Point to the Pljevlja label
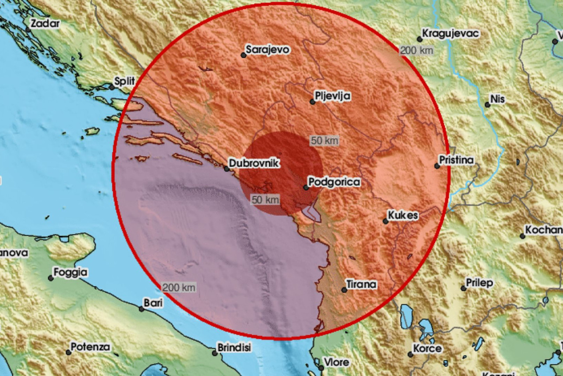pyautogui.click(x=333, y=96)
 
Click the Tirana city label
pyautogui.click(x=362, y=284)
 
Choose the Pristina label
pyautogui.click(x=456, y=160)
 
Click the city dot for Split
pyautogui.click(x=112, y=87)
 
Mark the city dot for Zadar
pyautogui.click(x=28, y=29)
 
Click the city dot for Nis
pyautogui.click(x=487, y=105)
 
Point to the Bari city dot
pyautogui.click(x=142, y=309)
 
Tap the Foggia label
pyautogui.click(x=70, y=272)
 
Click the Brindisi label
pyautogui.click(x=235, y=347)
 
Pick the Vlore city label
pyautogui.click(x=337, y=362)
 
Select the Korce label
pyautogui.click(x=427, y=348)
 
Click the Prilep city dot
pyautogui.click(x=463, y=288)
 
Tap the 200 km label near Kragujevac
pyautogui.click(x=416, y=50)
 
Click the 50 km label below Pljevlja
pyautogui.click(x=324, y=141)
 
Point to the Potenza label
pyautogui.click(x=90, y=347)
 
